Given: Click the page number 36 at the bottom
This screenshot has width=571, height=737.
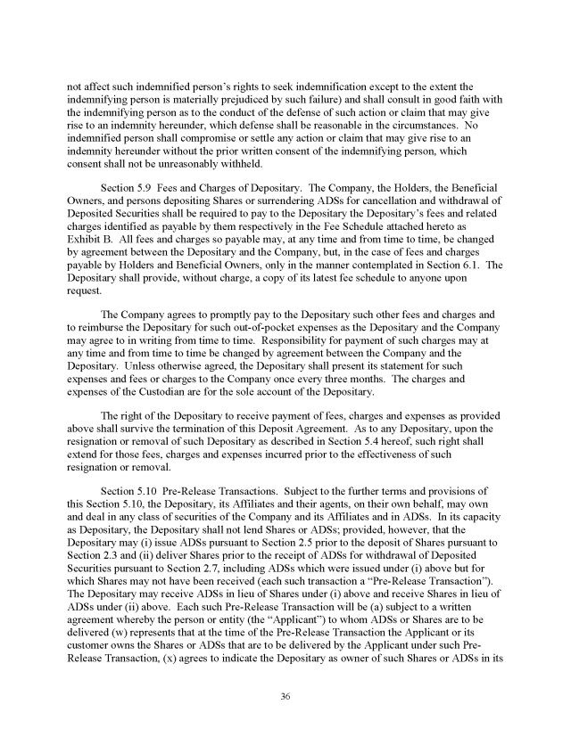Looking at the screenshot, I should pyautogui.click(x=285, y=696).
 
